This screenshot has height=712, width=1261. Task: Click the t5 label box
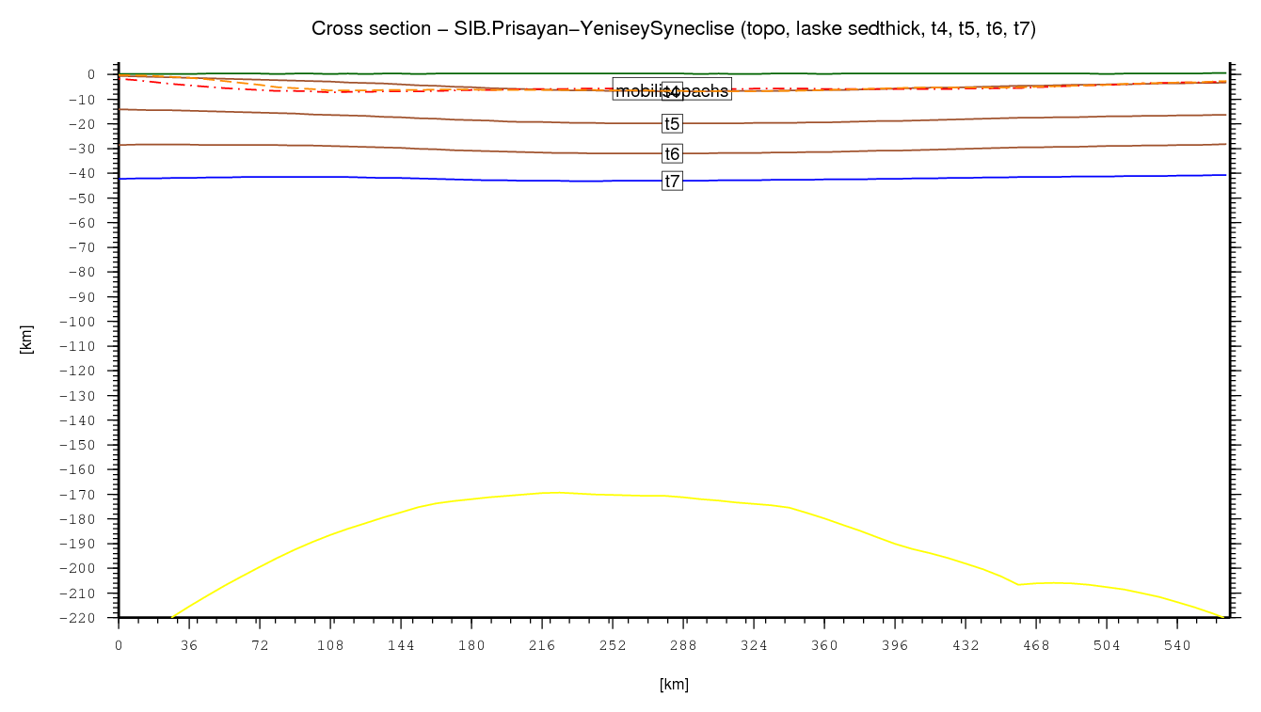click(672, 123)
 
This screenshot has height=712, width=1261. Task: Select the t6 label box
click(672, 153)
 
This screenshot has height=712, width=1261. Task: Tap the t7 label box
click(672, 182)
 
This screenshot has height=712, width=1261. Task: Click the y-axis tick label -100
click(83, 322)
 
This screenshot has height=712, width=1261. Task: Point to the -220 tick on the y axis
click(83, 618)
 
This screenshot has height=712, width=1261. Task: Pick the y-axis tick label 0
click(91, 74)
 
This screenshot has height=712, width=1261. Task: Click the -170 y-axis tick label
click(83, 495)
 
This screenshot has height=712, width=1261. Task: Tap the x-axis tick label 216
click(542, 646)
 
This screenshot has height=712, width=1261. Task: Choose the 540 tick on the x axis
click(1177, 646)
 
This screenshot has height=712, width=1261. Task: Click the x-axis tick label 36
click(189, 646)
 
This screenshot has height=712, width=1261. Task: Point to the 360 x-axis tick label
click(824, 646)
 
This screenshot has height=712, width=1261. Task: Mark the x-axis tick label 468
click(1036, 646)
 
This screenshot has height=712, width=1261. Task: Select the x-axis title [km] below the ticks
click(674, 685)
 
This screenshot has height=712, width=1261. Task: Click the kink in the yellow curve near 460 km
click(1018, 584)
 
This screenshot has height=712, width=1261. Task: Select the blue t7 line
click(376, 177)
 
